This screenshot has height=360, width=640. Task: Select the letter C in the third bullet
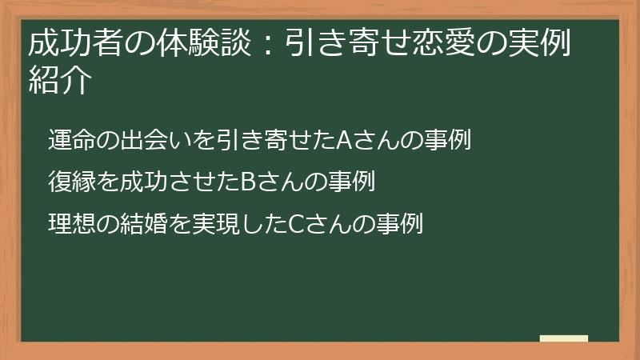pyautogui.click(x=295, y=225)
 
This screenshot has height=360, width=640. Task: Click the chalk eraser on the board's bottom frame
pyautogui.click(x=564, y=338)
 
